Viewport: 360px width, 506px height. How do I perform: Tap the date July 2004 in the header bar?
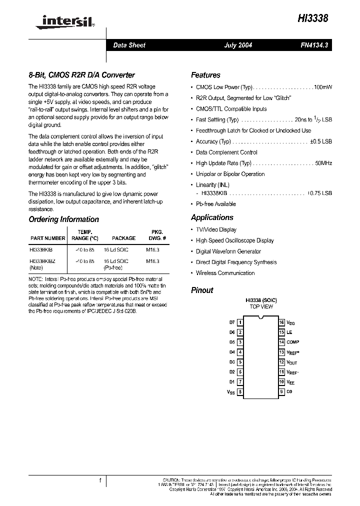(x=237, y=45)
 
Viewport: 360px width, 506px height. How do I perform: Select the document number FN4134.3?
(x=313, y=45)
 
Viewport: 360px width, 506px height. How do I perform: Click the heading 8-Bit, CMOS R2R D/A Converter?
(x=81, y=75)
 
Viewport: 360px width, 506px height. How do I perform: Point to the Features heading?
(x=205, y=75)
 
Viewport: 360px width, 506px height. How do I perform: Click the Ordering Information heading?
(x=63, y=219)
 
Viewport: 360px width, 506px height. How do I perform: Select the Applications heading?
(x=212, y=217)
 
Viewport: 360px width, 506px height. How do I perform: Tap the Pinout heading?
(x=202, y=290)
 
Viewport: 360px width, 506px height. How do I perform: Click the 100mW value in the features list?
(x=322, y=87)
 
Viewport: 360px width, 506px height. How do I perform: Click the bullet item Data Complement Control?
(x=226, y=152)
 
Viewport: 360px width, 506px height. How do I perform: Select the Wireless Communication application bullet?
(x=225, y=273)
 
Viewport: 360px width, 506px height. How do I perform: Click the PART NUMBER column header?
(x=48, y=238)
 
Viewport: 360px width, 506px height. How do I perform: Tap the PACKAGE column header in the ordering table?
(x=123, y=238)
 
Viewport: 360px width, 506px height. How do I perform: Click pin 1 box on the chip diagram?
(x=240, y=323)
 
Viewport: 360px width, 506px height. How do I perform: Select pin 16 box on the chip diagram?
(x=282, y=323)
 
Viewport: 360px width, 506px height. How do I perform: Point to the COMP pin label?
(x=292, y=342)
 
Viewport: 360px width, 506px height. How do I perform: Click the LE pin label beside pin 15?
(x=289, y=332)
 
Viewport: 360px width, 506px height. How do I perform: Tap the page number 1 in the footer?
(x=100, y=480)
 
